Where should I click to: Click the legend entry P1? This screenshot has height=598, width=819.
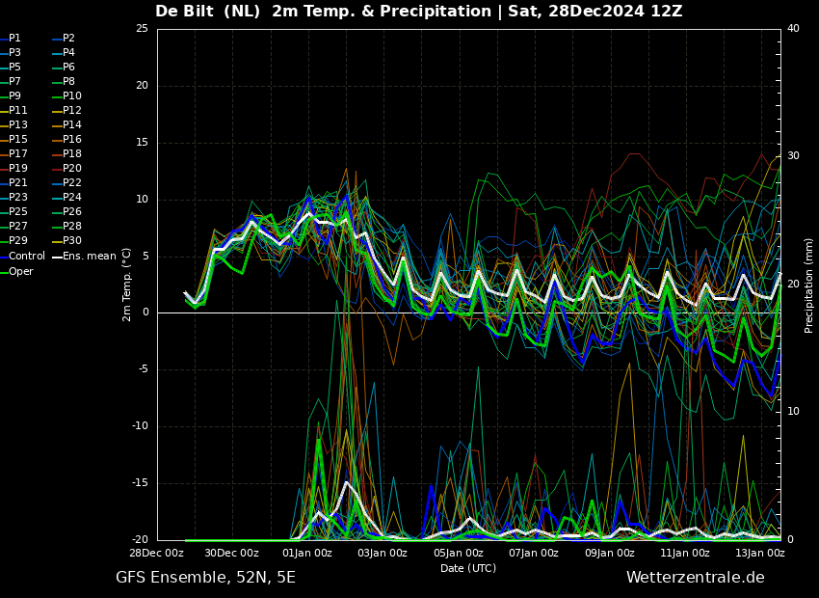(14, 39)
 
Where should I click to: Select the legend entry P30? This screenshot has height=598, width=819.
(72, 241)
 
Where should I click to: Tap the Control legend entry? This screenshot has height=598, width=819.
(27, 256)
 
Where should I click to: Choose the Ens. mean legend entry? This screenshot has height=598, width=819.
(89, 256)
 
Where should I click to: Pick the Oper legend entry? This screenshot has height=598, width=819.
(21, 271)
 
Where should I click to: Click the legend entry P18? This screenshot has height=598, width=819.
(72, 154)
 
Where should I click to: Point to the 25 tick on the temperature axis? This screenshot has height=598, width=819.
(142, 29)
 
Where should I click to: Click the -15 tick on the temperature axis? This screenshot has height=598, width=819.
(140, 483)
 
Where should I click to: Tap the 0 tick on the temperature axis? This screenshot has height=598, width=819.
(145, 313)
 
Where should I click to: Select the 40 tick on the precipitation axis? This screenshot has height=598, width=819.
(793, 29)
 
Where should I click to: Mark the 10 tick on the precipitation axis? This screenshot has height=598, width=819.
(793, 412)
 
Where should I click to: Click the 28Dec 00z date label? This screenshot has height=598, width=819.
(157, 554)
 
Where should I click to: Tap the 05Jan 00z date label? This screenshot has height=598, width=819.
(459, 554)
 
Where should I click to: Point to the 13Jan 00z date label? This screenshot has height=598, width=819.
(760, 554)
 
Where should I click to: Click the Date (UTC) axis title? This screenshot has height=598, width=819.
(468, 569)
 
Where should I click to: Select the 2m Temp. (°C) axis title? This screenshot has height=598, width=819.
(127, 284)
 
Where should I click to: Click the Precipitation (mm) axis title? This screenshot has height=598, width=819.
(809, 285)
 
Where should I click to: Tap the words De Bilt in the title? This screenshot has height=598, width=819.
(188, 12)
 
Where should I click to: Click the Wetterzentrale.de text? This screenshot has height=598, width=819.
(695, 578)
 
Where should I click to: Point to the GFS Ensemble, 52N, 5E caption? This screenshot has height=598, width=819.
(205, 578)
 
